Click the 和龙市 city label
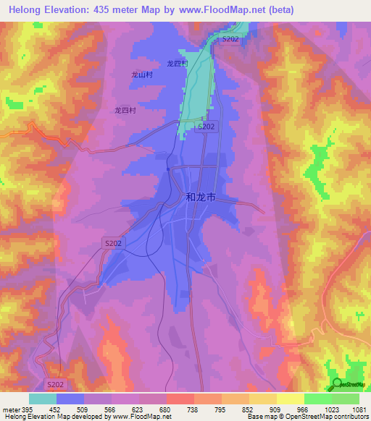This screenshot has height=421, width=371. [201, 196]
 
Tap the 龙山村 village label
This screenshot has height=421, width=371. [141, 75]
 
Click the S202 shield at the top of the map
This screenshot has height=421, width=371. [230, 38]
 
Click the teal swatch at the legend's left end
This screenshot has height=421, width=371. [43, 399]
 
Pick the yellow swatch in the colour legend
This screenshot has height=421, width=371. [290, 399]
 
